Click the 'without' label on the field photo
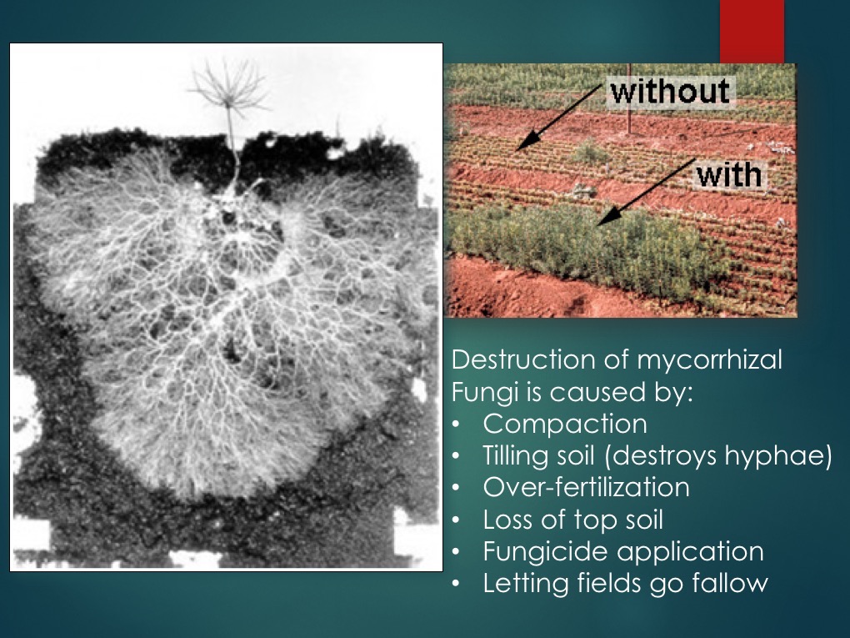point(669,91)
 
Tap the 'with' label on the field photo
point(728,175)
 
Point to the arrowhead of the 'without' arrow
point(519,148)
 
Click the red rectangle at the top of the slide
point(752,31)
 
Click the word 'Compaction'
point(564,424)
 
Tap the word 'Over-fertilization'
point(586,487)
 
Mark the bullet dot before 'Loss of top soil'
point(456,520)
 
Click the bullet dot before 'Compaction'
point(456,424)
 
